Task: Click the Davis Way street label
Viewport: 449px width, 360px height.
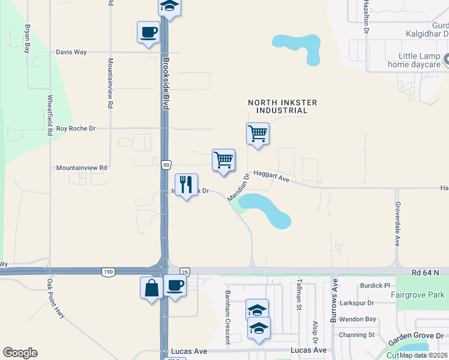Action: [x=71, y=52]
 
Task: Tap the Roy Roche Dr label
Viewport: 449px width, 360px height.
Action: [x=76, y=128]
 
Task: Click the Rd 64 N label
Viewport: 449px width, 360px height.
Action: [x=425, y=272]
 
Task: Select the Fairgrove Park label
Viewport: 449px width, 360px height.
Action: [x=417, y=295]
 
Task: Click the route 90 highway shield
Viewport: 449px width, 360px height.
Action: [x=166, y=164]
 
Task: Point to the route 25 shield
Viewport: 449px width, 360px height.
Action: [x=184, y=272]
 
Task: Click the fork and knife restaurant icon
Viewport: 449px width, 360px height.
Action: [x=186, y=185]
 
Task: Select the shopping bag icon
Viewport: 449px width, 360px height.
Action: [x=151, y=287]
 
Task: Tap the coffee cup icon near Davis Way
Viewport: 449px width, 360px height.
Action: [x=148, y=32]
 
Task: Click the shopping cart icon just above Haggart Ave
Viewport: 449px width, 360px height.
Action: [x=223, y=160]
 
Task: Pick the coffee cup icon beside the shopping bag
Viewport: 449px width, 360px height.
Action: [x=175, y=286]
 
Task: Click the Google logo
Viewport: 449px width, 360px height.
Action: [x=20, y=353]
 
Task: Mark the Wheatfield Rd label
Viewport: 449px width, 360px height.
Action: [x=50, y=115]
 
